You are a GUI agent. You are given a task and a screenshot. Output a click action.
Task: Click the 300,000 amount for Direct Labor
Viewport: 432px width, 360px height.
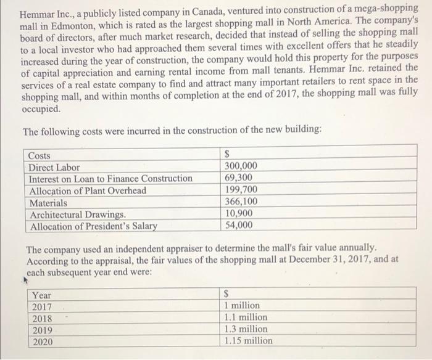tap(241, 167)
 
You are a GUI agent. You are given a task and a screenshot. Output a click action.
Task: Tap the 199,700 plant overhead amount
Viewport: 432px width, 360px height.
tap(241, 190)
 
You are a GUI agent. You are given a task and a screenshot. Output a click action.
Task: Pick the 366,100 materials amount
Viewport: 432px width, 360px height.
tap(241, 202)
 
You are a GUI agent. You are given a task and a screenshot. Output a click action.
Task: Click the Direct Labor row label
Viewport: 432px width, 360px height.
tap(54, 167)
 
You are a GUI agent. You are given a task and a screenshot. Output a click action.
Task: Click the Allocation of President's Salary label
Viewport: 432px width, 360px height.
tap(93, 226)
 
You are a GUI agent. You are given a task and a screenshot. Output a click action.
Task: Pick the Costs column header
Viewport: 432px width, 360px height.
tap(40, 156)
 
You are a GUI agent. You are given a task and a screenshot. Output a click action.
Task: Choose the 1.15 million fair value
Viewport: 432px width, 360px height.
tap(248, 341)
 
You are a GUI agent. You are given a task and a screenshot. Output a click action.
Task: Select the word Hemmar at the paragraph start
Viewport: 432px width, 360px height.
tap(38, 14)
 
